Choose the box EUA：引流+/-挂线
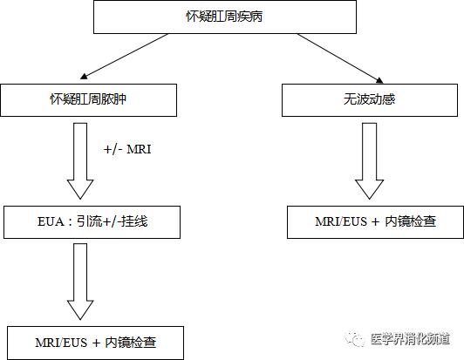92,222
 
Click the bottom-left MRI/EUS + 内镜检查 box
96,342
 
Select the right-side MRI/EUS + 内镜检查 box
376,222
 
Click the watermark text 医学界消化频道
411,338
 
